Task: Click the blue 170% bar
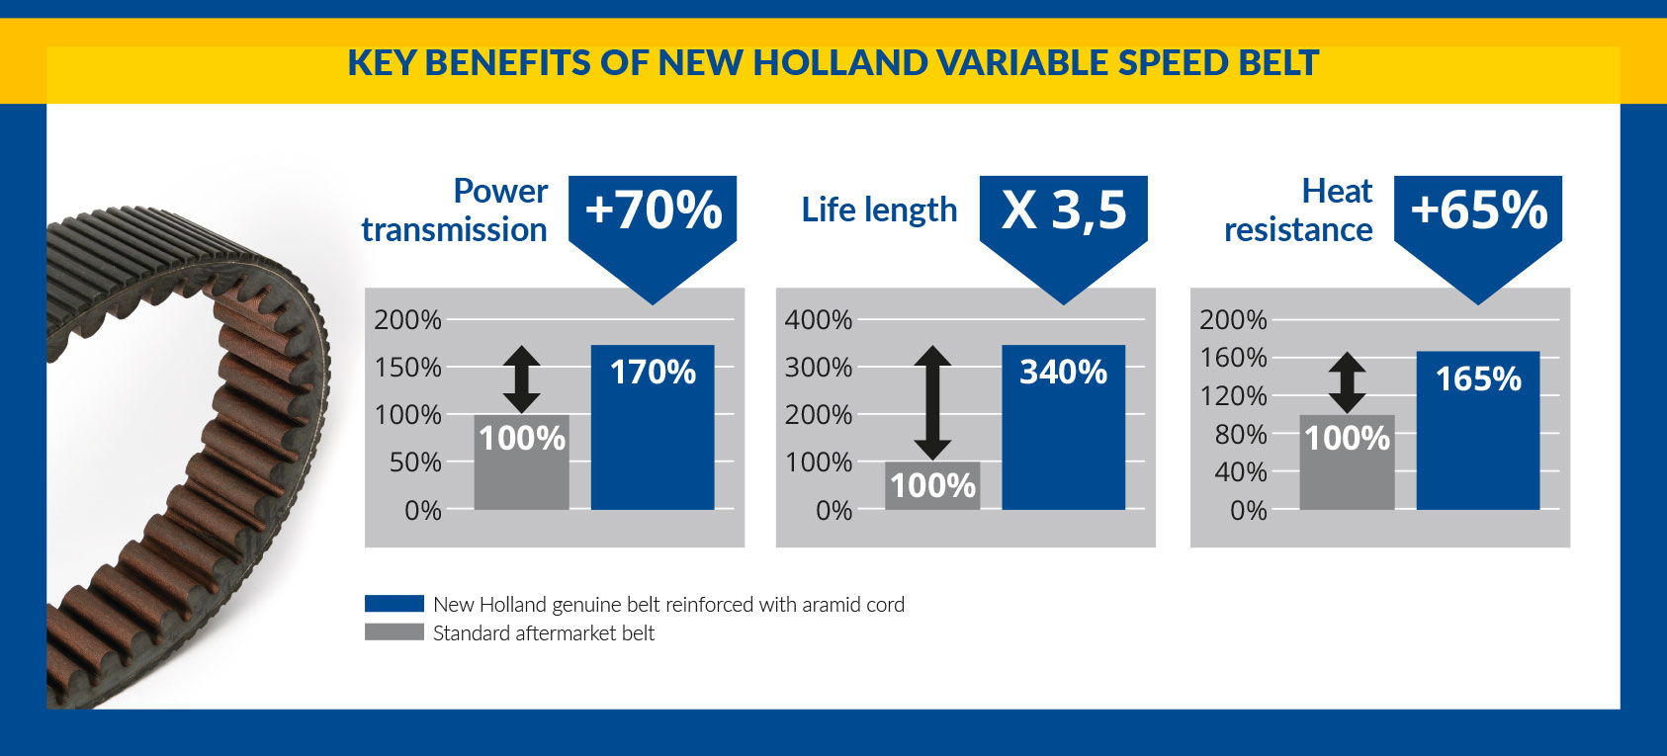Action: click(653, 427)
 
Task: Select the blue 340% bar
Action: click(1064, 427)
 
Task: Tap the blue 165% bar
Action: click(1478, 430)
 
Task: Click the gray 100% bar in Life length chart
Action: click(932, 485)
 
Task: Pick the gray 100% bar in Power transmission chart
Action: click(522, 462)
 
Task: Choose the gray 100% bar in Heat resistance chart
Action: click(1347, 462)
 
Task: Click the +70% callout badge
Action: click(653, 230)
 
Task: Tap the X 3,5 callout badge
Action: click(1064, 230)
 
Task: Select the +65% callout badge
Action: click(1478, 230)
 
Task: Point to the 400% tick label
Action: click(818, 320)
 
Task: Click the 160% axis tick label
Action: click(1233, 358)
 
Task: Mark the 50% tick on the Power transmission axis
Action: click(415, 462)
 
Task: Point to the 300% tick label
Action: click(818, 368)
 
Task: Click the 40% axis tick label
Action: click(1241, 471)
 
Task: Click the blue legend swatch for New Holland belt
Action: click(395, 604)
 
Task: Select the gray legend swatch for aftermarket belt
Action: click(395, 631)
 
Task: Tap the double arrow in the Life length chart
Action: click(932, 402)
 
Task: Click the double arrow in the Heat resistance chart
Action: click(1347, 382)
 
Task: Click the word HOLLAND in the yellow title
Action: click(840, 62)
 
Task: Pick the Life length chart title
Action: click(879, 210)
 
